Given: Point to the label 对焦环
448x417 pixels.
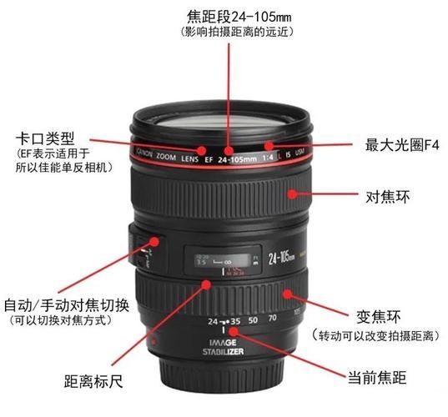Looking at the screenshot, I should click(x=386, y=197).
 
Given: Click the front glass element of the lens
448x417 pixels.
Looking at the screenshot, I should click(x=221, y=123).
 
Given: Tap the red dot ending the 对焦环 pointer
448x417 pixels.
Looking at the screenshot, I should click(x=292, y=194).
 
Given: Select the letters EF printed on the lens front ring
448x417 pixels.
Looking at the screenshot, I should click(x=207, y=159).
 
